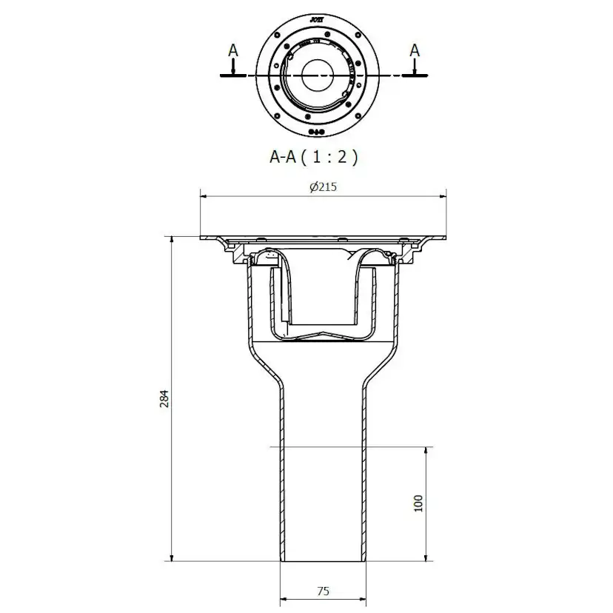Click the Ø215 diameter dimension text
323,187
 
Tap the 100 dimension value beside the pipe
418,504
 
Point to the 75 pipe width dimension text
323,591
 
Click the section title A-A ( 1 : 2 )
313,157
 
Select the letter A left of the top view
232,50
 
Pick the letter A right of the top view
415,50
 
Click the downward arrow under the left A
232,70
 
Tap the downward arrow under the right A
415,70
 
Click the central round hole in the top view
318,76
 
